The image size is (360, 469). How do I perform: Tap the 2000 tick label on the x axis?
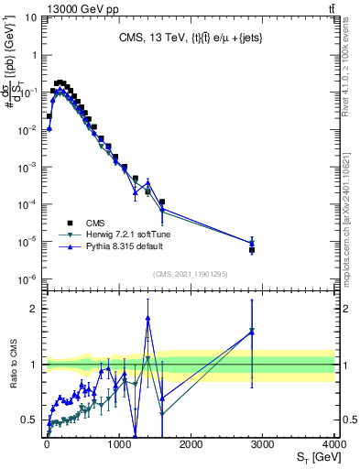click(191, 442)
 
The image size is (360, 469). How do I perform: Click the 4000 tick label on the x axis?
click(334, 442)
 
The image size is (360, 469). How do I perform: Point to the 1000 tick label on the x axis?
click(119, 442)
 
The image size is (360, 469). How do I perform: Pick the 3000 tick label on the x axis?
click(263, 442)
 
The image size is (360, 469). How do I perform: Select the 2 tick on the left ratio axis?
click(37, 309)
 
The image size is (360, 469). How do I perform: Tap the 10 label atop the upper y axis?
click(29, 17)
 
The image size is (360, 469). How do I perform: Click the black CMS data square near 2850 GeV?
click(252, 249)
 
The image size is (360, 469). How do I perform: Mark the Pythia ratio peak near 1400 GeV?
click(147, 318)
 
